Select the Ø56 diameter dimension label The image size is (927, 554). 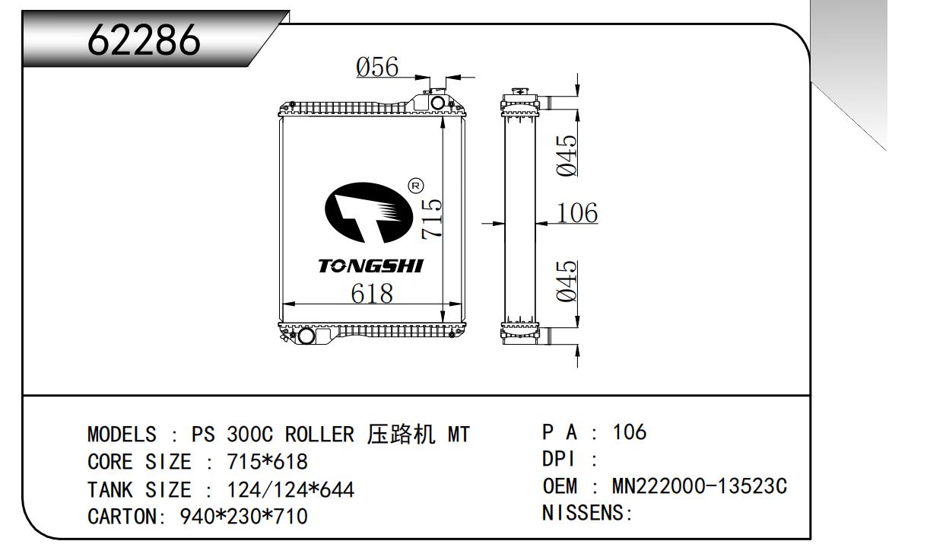click(377, 67)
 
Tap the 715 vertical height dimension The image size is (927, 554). click(430, 218)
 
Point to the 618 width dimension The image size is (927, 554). click(372, 293)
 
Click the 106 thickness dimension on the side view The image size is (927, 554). click(577, 213)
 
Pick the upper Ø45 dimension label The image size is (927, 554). click(567, 155)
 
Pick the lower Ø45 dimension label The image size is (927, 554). click(567, 280)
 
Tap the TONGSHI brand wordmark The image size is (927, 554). click(370, 266)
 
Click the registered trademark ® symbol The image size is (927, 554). click(415, 185)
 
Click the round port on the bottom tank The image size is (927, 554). click(305, 336)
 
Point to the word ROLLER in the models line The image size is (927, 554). click(319, 435)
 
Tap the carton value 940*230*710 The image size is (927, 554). click(244, 517)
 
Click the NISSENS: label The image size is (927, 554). click(587, 513)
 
